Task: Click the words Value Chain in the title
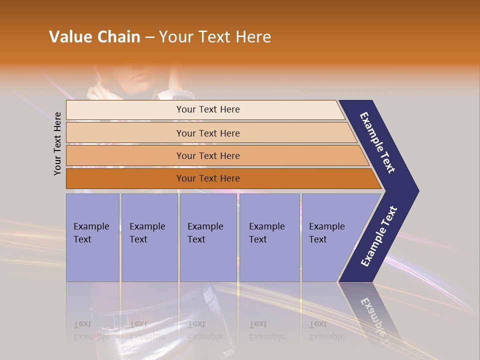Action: click(94, 37)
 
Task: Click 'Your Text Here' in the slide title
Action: click(215, 37)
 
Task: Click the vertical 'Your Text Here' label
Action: click(58, 143)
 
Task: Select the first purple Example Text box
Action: click(92, 237)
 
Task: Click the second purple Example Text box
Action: click(149, 237)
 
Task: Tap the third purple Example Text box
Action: click(207, 237)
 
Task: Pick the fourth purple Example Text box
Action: click(269, 237)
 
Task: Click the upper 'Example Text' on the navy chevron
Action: click(378, 142)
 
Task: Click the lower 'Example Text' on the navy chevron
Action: click(379, 236)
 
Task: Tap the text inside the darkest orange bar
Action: click(208, 178)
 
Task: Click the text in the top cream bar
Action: click(208, 109)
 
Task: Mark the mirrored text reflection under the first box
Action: click(91, 330)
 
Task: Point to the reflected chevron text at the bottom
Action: click(374, 315)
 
